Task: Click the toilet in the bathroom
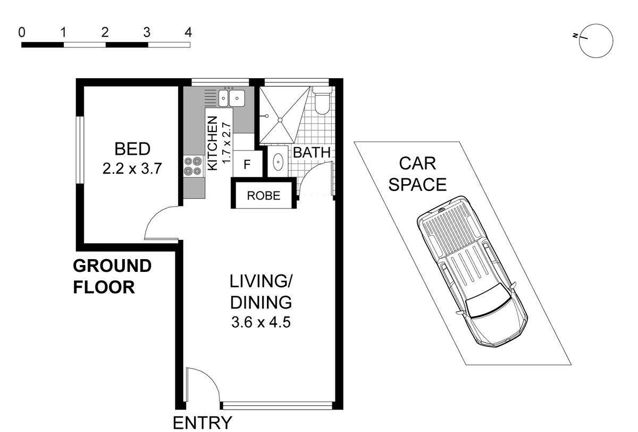(x=322, y=101)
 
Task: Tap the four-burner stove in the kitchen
(x=193, y=166)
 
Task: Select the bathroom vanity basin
(x=278, y=162)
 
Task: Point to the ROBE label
(x=264, y=196)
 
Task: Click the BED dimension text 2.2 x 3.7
(x=132, y=169)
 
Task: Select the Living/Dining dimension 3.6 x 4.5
(x=261, y=322)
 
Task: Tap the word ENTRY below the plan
(x=203, y=423)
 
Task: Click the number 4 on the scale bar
(x=188, y=32)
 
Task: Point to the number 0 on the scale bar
(x=22, y=32)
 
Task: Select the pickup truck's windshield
(x=489, y=306)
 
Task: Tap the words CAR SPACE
(x=417, y=174)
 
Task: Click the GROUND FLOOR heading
(x=112, y=277)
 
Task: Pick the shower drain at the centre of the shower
(x=280, y=120)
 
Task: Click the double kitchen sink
(x=232, y=98)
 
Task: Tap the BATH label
(x=312, y=153)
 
